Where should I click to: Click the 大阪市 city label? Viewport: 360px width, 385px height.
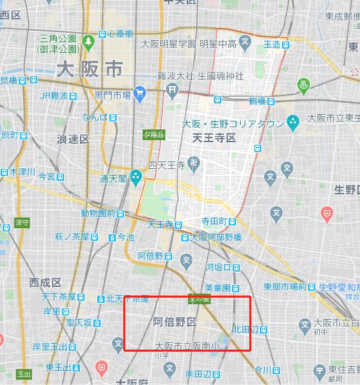point(89,69)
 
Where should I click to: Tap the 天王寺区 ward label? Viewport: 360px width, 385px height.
point(214,138)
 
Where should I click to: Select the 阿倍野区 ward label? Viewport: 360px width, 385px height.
point(175,322)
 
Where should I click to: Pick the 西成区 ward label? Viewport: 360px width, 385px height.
point(45,283)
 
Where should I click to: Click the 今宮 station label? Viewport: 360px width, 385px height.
point(47,177)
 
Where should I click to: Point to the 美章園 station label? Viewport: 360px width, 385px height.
point(217,288)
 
